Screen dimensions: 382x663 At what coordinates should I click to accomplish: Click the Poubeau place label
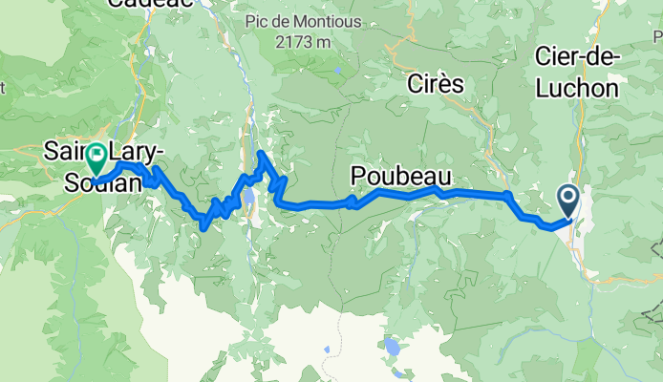pos(399,176)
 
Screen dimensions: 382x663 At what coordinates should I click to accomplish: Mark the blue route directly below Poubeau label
pos(399,193)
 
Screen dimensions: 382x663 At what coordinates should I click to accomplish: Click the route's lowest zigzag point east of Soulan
pos(203,225)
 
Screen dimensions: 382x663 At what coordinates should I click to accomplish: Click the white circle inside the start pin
pos(567,198)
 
